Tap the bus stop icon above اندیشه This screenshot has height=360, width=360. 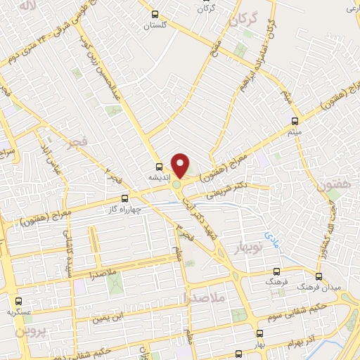coord(159,167)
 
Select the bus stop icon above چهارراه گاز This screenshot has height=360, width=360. coord(125,199)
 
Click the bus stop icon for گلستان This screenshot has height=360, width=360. coord(155,14)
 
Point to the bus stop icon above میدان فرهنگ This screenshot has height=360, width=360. coord(319,276)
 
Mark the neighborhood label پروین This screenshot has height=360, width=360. coord(30,330)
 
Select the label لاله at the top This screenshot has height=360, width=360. coord(27,6)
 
